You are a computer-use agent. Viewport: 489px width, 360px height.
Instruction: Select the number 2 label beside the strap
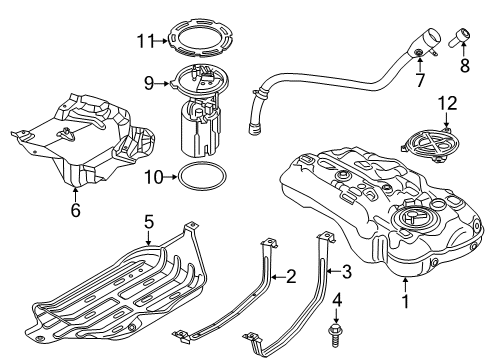pos(291,275)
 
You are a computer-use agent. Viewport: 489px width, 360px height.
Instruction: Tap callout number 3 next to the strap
pos(345,269)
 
